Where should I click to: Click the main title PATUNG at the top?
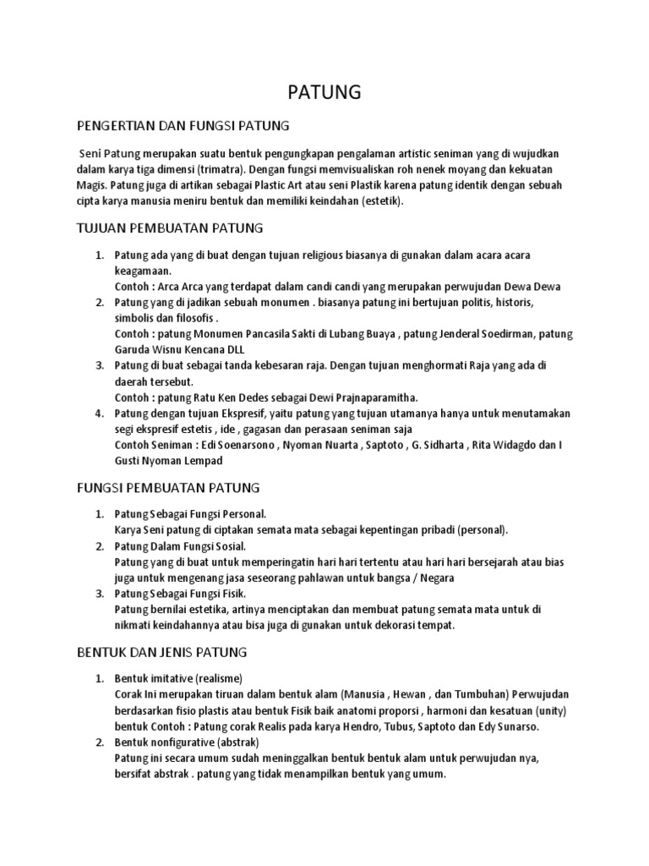[x=324, y=92]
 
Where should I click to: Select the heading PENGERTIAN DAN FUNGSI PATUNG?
[x=183, y=126]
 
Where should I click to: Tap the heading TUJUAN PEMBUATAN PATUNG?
[x=171, y=228]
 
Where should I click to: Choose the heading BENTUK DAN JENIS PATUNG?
[x=161, y=652]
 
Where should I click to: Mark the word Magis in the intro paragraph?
[x=91, y=184]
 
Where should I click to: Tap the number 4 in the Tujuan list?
[x=98, y=414]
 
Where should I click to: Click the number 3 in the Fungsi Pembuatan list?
[x=98, y=595]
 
